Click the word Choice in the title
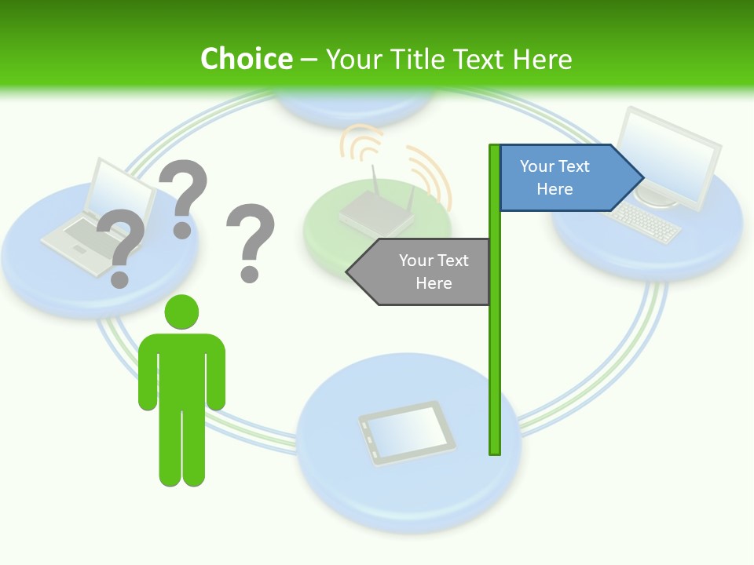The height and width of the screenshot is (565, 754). (x=246, y=59)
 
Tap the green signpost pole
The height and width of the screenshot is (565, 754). (x=495, y=353)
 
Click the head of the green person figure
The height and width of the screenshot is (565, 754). (x=181, y=312)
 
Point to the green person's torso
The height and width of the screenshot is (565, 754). (x=182, y=369)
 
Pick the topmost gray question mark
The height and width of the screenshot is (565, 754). (x=184, y=196)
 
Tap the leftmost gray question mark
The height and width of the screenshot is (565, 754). (x=120, y=247)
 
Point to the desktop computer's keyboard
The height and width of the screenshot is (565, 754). (x=646, y=221)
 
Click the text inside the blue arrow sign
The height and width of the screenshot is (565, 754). (x=555, y=177)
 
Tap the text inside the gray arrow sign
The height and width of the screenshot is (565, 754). (x=434, y=272)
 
